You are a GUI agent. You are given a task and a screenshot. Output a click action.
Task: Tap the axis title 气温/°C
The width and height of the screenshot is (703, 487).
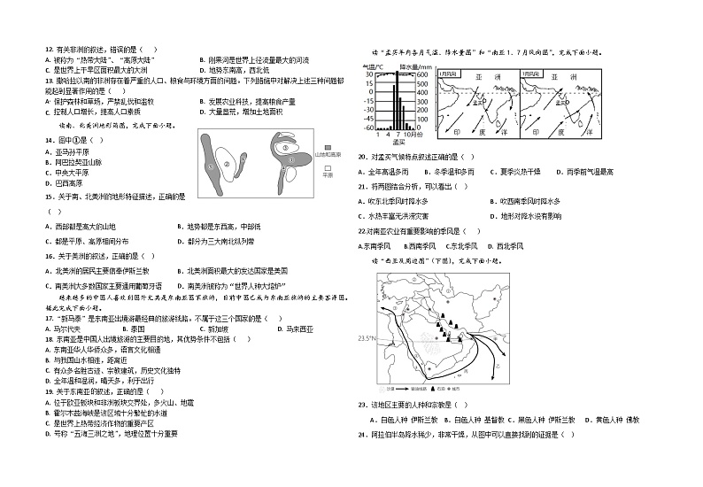pyautogui.click(x=372, y=66)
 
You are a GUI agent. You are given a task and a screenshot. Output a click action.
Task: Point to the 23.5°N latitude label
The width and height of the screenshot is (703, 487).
pyautogui.click(x=364, y=338)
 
